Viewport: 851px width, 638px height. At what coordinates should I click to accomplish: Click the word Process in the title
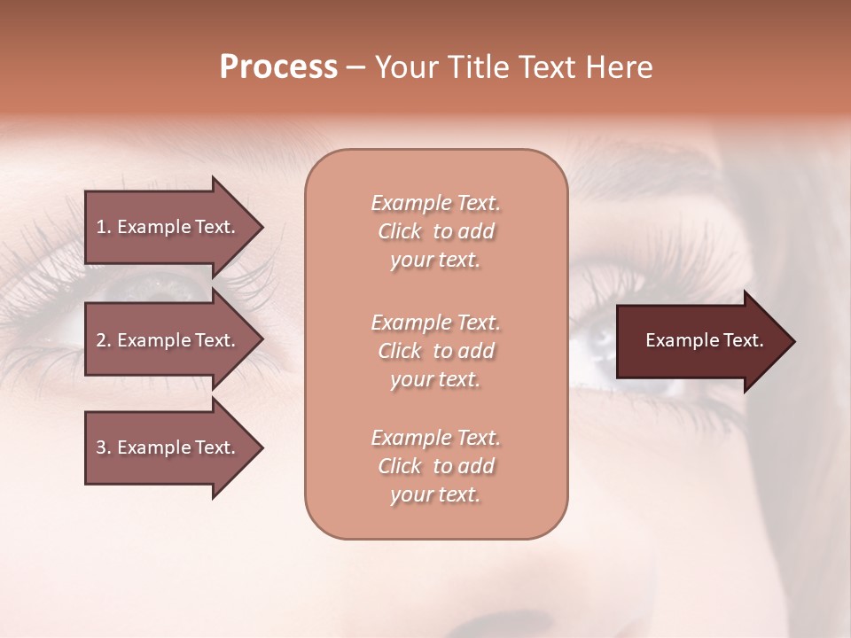click(x=278, y=67)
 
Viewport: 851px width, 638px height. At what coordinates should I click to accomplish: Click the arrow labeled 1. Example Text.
click(x=168, y=227)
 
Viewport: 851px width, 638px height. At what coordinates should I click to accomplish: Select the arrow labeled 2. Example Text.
click(x=168, y=340)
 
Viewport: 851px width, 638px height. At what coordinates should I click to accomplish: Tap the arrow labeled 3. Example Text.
click(x=168, y=447)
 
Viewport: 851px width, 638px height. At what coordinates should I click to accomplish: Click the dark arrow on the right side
click(x=700, y=341)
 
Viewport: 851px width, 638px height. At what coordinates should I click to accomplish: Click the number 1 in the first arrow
click(x=101, y=227)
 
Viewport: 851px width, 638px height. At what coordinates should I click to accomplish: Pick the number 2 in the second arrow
click(x=101, y=340)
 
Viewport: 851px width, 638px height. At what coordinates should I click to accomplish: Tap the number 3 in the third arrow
click(x=101, y=447)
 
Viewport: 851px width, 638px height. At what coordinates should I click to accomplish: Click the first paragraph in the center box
click(x=435, y=231)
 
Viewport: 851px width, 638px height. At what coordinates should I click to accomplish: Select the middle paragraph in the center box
click(x=435, y=351)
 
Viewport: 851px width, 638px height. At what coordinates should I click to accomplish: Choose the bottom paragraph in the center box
click(x=435, y=466)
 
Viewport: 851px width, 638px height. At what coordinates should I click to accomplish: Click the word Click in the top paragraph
click(x=400, y=231)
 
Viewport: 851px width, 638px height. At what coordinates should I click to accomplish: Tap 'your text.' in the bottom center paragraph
click(x=435, y=494)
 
